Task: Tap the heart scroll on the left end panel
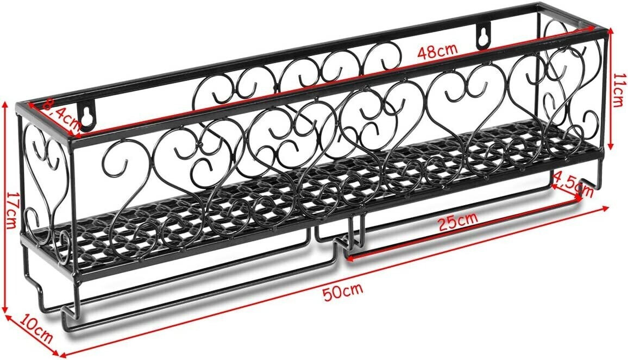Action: pyautogui.click(x=46, y=163)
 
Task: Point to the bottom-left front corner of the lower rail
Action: pyautogui.click(x=66, y=328)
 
